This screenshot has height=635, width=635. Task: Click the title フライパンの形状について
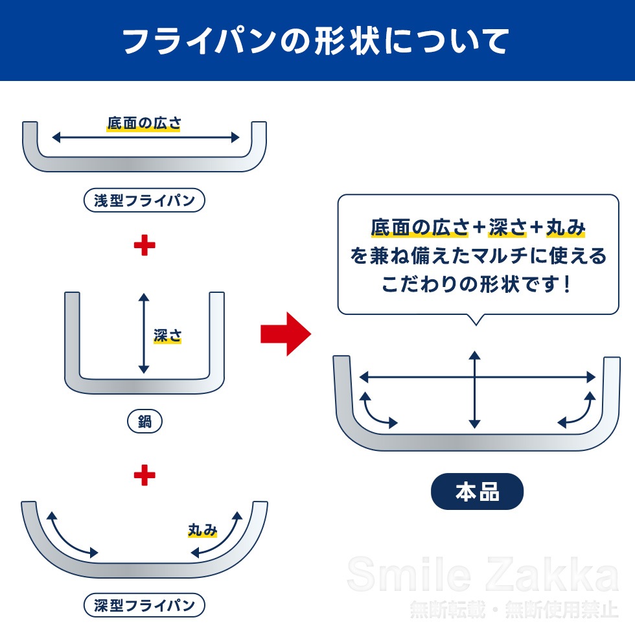317,40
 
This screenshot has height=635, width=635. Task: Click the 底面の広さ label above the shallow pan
144,123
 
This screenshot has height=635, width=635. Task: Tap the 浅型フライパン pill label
144,200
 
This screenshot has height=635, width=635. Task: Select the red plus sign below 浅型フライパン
144,246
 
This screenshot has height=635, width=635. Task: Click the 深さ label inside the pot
167,336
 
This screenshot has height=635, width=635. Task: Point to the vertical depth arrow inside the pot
144,333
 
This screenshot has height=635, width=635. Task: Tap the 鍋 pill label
144,422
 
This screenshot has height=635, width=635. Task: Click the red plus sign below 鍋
144,476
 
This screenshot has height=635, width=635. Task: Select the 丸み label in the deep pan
202,530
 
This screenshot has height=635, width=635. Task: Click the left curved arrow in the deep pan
69,535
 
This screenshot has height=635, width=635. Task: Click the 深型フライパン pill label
144,606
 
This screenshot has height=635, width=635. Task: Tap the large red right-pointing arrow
286,333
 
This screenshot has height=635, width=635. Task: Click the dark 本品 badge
477,492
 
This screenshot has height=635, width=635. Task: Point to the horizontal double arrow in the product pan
477,377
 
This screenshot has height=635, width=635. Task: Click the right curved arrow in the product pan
579,411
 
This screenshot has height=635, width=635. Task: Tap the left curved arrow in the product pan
375,411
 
